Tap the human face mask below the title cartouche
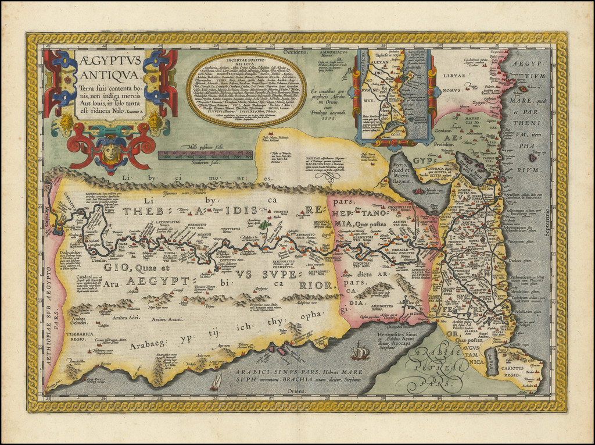click(112, 152)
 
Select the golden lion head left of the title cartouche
click(66, 121)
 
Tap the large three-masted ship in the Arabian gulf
click(360, 350)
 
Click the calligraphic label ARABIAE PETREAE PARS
click(435, 366)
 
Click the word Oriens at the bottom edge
click(296, 391)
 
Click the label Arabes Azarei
click(166, 319)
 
